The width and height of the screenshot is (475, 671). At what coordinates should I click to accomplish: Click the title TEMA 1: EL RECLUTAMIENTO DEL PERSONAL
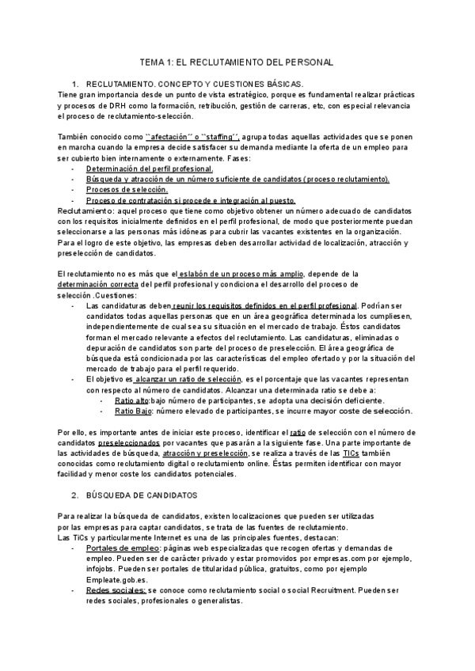[x=237, y=61]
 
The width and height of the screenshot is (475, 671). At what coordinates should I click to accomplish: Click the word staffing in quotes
[x=218, y=138]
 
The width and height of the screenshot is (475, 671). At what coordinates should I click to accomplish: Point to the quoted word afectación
[x=172, y=138]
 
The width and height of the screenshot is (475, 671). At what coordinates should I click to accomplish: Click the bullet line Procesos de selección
[x=127, y=190]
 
